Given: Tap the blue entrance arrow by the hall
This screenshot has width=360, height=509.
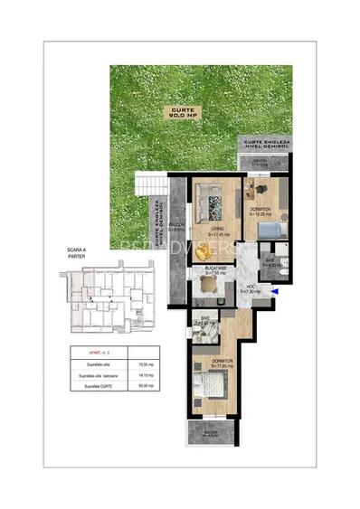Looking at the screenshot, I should tap(275, 291).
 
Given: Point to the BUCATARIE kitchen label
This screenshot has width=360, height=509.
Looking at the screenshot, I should tap(213, 270).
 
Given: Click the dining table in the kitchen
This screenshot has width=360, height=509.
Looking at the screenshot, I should tap(206, 289).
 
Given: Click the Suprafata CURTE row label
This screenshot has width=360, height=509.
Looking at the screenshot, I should tap(99, 385).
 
